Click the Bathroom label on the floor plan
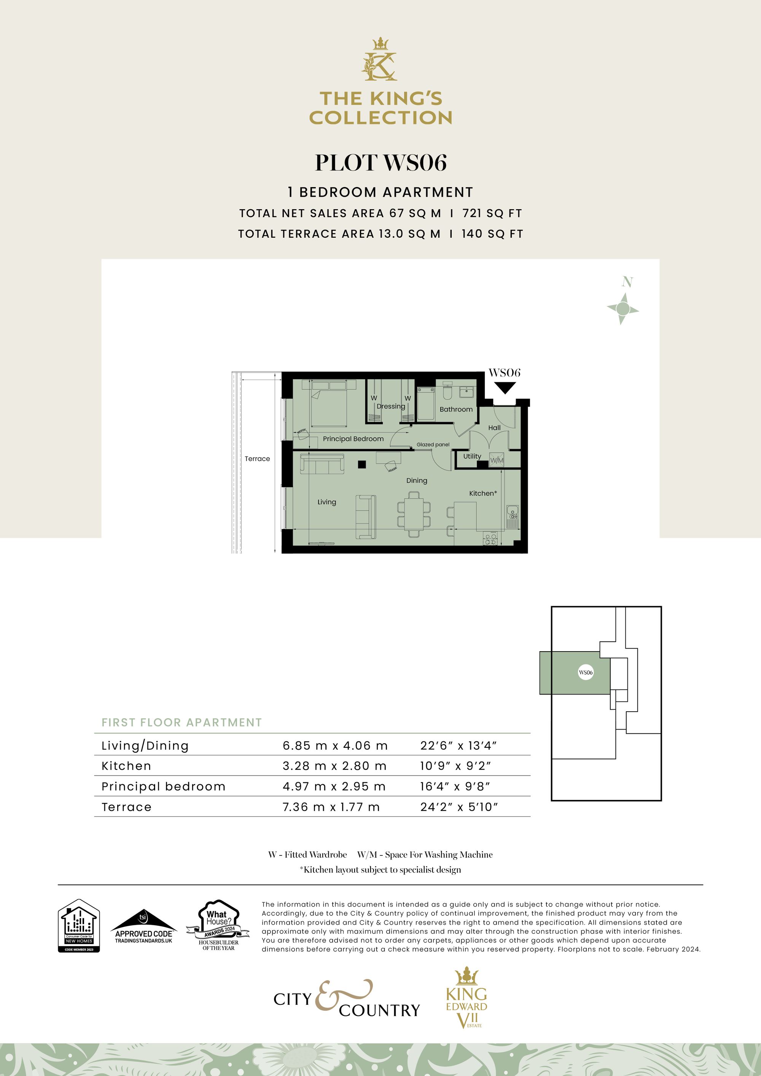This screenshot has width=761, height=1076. coord(456,409)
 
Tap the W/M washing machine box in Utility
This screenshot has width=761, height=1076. coord(497,460)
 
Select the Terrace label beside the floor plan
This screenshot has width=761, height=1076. coord(257,459)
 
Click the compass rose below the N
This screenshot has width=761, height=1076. coord(622,308)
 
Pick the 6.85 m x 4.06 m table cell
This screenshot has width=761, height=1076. coord(335,745)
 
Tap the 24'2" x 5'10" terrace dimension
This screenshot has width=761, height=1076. coord(458,807)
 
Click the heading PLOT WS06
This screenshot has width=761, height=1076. coord(380,163)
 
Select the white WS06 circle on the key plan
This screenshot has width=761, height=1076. coord(586,672)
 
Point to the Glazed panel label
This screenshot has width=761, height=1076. coord(433,445)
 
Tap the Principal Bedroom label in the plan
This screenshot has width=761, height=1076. coord(353,439)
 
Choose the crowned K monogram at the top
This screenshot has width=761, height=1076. coord(380,60)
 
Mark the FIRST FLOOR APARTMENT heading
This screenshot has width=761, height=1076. coord(181,723)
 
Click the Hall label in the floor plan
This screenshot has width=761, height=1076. coord(494,428)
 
